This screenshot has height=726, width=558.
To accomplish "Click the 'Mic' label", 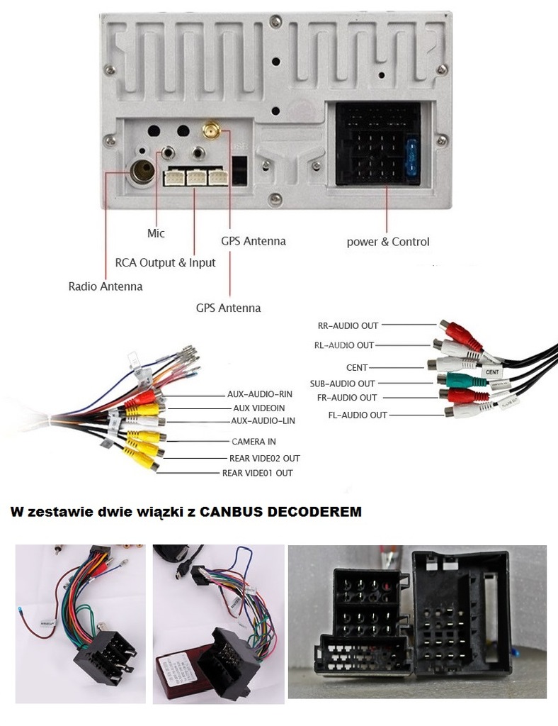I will pyautogui.click(x=156, y=233).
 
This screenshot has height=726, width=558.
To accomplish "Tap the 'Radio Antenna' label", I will pyautogui.click(x=105, y=286).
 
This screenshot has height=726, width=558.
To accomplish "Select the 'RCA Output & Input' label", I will pyautogui.click(x=165, y=262).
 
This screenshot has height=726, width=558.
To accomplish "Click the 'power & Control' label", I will pyautogui.click(x=387, y=242).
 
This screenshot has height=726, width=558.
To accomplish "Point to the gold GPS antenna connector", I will pyautogui.click(x=210, y=130).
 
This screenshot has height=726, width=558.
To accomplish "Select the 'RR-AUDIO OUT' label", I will pyautogui.click(x=348, y=326).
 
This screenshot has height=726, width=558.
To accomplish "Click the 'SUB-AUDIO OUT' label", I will pyautogui.click(x=342, y=384).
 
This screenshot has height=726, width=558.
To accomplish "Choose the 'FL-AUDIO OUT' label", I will pyautogui.click(x=358, y=415).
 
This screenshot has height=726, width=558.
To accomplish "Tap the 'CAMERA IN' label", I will pyautogui.click(x=254, y=441).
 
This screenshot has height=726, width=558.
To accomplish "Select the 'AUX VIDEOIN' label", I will pyautogui.click(x=258, y=408).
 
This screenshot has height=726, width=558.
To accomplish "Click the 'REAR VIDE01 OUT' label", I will pyautogui.click(x=257, y=473).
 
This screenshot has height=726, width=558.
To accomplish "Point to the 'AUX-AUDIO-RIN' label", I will pyautogui.click(x=260, y=394).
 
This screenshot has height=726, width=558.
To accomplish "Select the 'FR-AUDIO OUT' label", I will pyautogui.click(x=347, y=398).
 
